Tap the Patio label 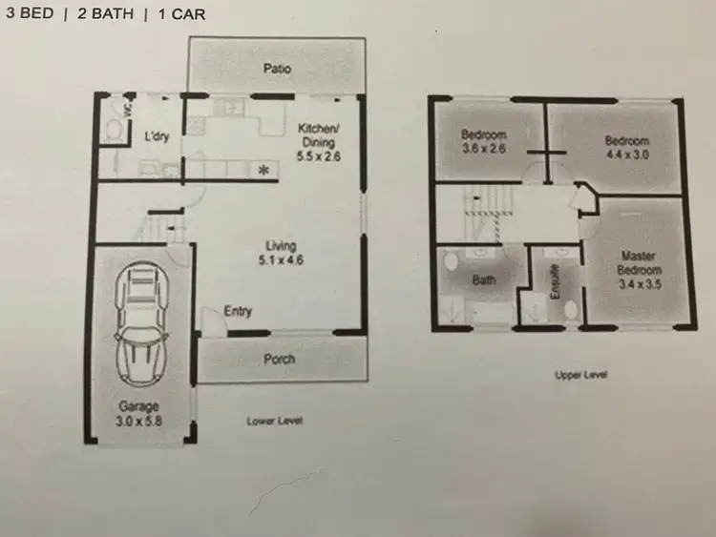coord(277,69)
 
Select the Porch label coord(278,360)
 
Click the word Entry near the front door coord(238,311)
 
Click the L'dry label coord(157,136)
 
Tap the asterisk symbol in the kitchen coord(263,171)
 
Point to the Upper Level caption coord(581,375)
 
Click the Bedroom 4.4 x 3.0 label coord(628,148)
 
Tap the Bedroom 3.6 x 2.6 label coord(484,140)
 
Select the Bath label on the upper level coord(485,281)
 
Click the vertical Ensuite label coord(554,281)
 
